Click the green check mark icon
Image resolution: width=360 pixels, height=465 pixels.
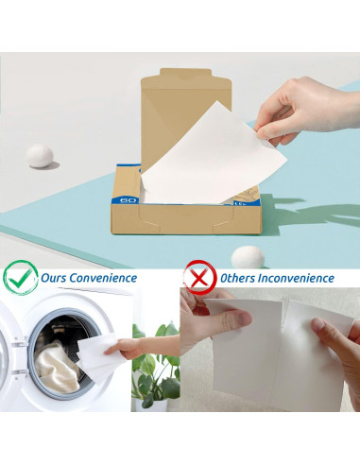coord(20,278)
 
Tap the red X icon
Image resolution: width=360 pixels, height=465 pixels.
coord(198,278)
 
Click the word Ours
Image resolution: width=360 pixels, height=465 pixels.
coord(55,279)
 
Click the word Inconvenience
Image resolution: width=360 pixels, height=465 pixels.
coord(299,279)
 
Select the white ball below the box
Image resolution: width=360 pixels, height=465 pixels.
coord(247,256)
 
